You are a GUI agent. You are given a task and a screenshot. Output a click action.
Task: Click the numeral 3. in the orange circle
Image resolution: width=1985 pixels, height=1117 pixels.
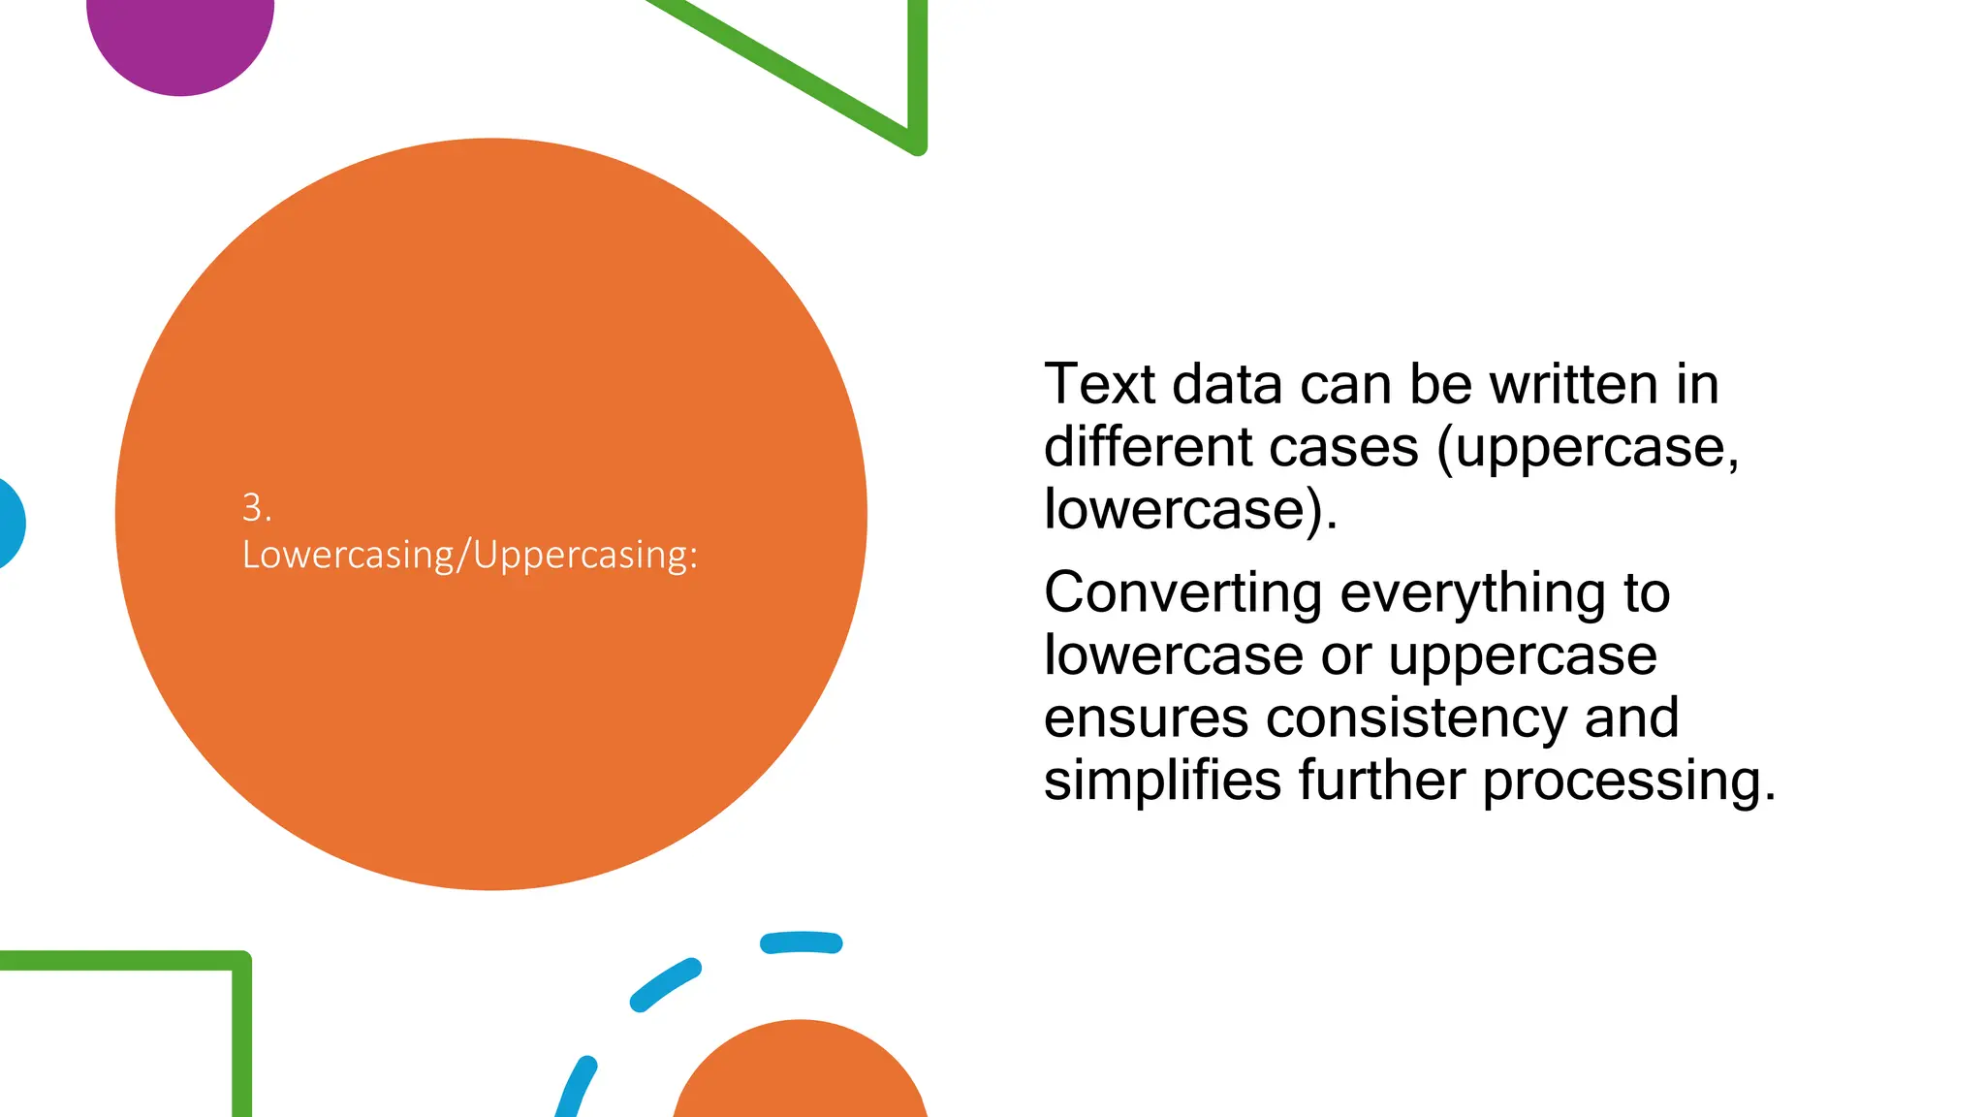click(256, 507)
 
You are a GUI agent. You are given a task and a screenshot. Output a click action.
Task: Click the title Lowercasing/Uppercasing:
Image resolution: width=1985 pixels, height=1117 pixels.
click(469, 555)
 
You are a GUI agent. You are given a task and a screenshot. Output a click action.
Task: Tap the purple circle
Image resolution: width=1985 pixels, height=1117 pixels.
click(180, 39)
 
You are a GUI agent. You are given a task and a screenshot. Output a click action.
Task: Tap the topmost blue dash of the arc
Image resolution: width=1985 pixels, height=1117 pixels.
click(801, 942)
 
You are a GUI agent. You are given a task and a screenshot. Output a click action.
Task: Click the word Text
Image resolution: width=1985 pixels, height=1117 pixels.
click(1099, 384)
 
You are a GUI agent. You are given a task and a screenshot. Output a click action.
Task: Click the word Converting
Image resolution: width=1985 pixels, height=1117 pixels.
click(1182, 593)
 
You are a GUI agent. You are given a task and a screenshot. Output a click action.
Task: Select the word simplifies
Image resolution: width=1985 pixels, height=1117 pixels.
click(1162, 781)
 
